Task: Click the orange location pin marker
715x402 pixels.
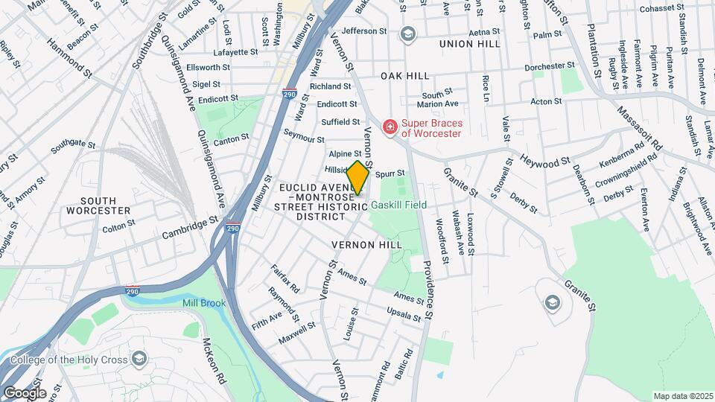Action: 357,178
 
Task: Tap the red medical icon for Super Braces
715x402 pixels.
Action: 389,127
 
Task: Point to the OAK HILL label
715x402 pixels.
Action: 405,76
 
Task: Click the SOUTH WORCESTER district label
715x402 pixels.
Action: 89,205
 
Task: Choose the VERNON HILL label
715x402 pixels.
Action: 367,244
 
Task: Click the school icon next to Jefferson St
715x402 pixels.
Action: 407,33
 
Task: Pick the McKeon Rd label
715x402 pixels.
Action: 214,361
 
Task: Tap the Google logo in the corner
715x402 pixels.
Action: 25,392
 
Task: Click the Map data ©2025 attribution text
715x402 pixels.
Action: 682,396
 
